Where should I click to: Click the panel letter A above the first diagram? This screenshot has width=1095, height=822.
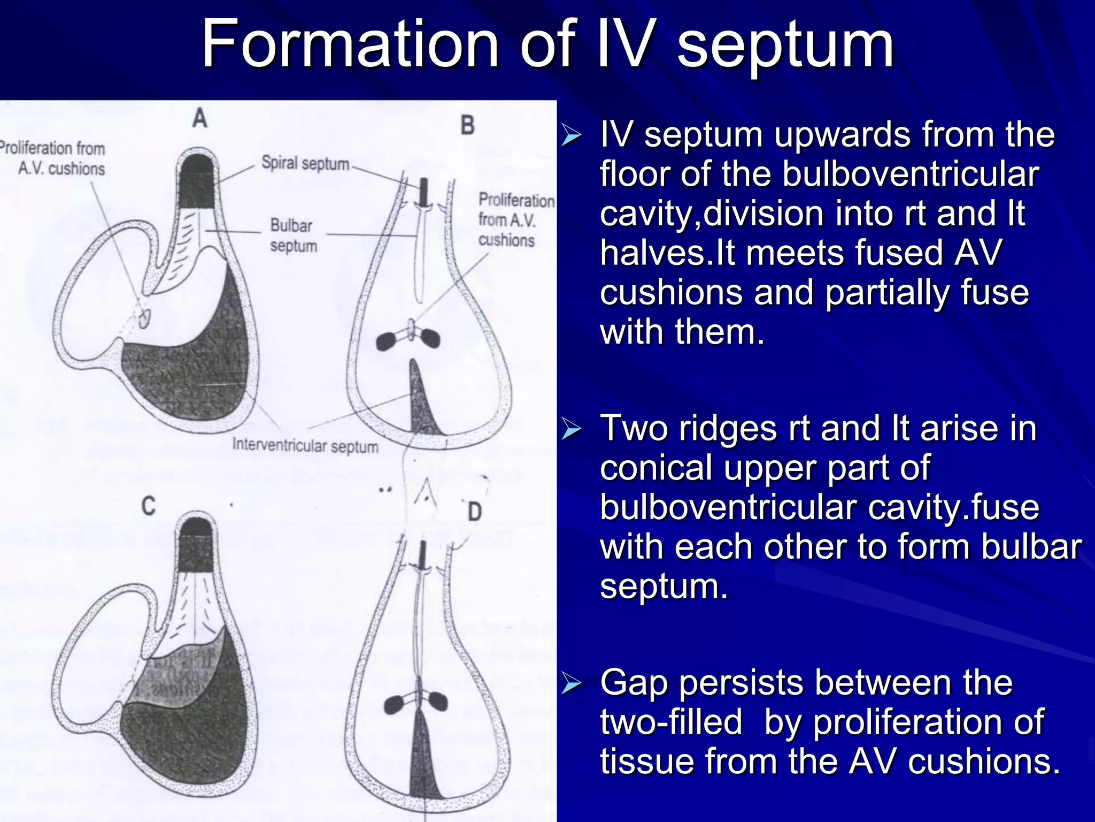click(199, 117)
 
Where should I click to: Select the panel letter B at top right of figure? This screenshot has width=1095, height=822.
click(467, 126)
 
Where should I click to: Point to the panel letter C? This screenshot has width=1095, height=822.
click(149, 506)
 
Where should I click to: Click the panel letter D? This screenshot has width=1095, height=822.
click(474, 512)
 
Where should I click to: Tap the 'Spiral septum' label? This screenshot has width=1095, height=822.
click(305, 163)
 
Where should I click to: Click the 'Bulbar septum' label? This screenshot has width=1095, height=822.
click(293, 235)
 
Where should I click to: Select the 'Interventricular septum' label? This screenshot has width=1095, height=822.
click(305, 446)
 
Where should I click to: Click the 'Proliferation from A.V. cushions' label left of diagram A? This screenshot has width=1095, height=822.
click(53, 158)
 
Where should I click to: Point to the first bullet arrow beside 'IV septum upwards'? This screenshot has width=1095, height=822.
click(571, 136)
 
